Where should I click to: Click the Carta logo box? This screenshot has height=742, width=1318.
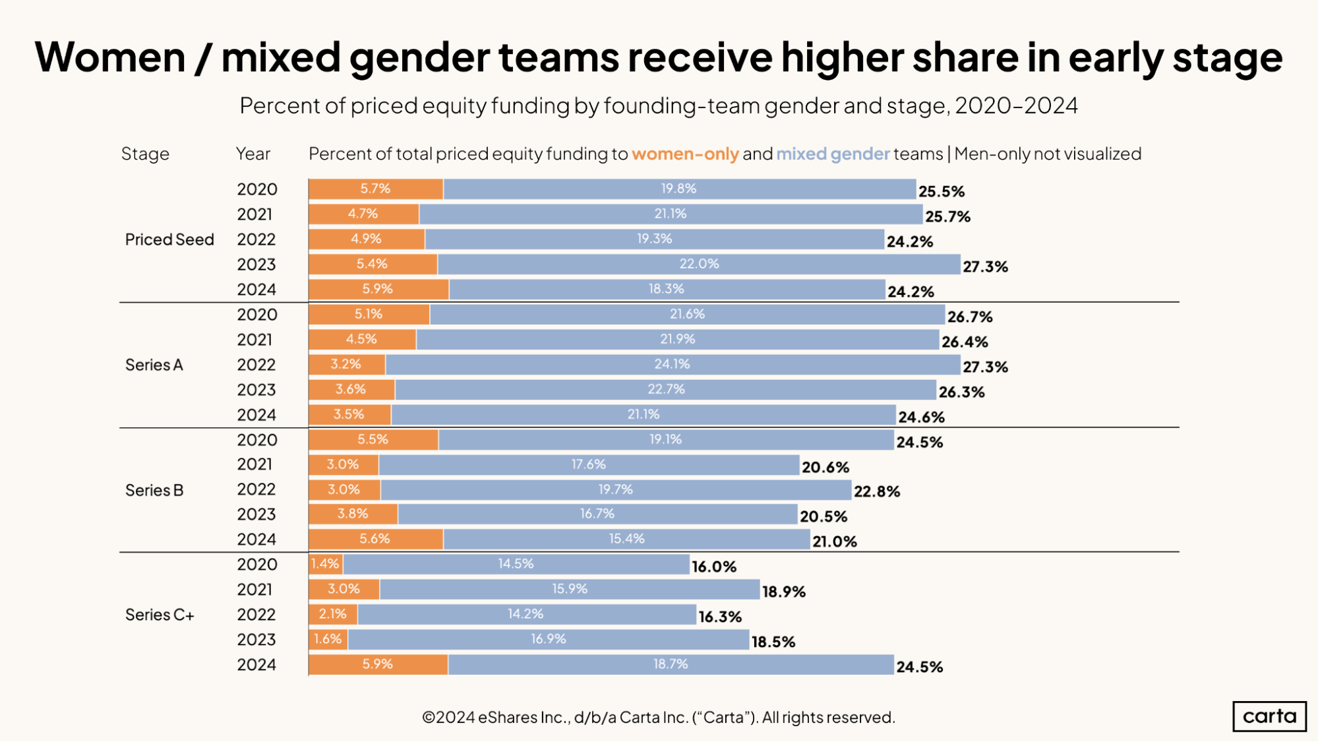pos(1269,716)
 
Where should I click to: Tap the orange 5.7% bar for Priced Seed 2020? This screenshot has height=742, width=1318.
pos(376,189)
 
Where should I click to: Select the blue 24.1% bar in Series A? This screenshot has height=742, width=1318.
pos(673,364)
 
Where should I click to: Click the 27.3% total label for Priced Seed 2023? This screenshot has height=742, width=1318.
pos(985,266)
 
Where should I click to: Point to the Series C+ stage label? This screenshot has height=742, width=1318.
pos(160,615)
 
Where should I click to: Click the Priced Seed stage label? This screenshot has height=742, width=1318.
pos(169,239)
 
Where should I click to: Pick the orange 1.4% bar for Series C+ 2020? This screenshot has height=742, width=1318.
pos(325,564)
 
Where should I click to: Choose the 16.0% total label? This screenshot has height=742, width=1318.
pos(713,567)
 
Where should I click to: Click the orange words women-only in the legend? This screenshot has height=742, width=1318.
pos(685,154)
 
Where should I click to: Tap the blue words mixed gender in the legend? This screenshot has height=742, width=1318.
pos(833,154)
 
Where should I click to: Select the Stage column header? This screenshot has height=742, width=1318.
pos(145,154)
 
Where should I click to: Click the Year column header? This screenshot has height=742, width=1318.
pos(253,154)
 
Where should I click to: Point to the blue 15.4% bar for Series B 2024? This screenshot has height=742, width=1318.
pos(626,539)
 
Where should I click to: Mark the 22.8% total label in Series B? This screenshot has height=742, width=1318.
pos(876,491)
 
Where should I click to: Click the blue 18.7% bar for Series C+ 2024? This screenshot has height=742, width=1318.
pos(671,664)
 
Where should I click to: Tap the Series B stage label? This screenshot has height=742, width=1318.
pos(154,490)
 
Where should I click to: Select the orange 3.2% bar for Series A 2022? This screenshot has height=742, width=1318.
pos(346,364)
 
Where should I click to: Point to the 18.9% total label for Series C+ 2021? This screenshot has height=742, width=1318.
pos(783,592)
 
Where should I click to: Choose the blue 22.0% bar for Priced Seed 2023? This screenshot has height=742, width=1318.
pos(699,264)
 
